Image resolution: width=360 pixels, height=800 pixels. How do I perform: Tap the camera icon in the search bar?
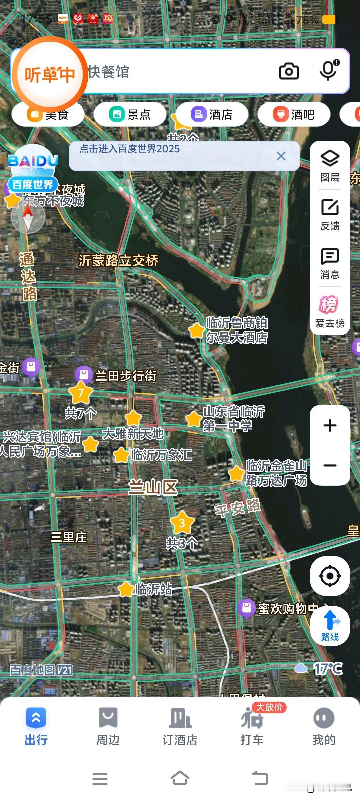click(289, 71)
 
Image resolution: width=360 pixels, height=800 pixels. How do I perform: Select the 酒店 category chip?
click(212, 114)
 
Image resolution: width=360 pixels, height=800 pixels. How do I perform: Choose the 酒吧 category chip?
click(294, 114)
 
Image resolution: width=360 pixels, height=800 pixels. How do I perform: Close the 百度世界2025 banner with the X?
click(281, 156)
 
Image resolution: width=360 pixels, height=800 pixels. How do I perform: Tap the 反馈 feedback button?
click(330, 214)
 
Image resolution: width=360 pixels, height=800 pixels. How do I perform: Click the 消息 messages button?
click(330, 263)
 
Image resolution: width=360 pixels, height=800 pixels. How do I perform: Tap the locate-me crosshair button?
click(330, 576)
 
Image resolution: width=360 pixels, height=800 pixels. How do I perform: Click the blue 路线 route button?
click(330, 626)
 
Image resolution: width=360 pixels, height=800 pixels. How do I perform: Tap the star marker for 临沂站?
click(126, 589)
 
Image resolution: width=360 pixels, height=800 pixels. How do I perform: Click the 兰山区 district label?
click(153, 487)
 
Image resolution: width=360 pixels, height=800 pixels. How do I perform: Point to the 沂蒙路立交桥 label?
click(118, 261)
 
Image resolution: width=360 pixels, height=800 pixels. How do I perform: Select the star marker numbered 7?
click(81, 393)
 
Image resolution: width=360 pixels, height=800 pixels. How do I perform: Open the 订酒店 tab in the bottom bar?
click(180, 727)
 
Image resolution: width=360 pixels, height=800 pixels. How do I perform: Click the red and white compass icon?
click(28, 217)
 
